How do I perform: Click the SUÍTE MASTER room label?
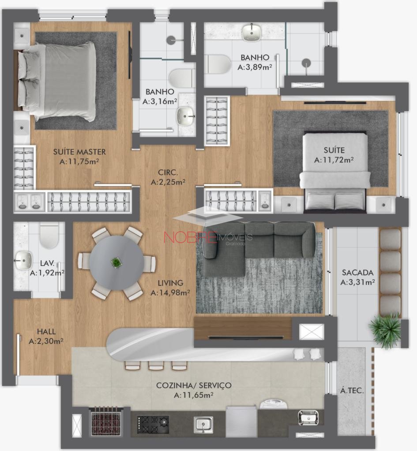pos(79,152)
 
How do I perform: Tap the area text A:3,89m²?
pos(255,67)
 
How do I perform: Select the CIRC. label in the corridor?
pos(168,172)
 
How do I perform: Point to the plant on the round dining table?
pos(116,262)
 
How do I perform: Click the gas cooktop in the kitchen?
pos(153,425)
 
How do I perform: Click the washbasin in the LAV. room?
pos(23,260)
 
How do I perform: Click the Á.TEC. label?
pos(352,391)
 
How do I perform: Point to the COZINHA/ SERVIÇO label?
pos(194,385)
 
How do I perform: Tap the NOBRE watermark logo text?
pos(190,237)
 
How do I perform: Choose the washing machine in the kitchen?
pos(274,404)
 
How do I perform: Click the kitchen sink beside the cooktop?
pos(203,425)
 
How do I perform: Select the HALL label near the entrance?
pos(46,331)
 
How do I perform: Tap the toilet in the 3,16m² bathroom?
pos(180,78)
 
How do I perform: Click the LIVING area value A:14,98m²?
pos(170,292)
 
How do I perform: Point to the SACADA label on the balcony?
pos(357,272)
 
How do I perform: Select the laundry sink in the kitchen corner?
pos(308,418)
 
